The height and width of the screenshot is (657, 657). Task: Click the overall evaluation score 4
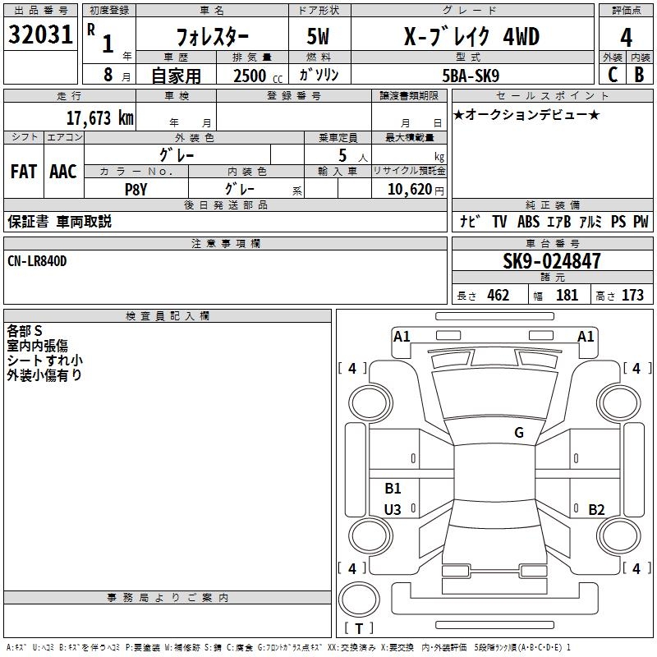pos(626,38)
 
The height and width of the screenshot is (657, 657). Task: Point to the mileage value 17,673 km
pos(99,117)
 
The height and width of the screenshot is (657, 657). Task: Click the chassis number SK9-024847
pos(552,261)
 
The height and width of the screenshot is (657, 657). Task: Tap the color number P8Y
pos(136,188)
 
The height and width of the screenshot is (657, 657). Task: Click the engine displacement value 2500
pos(250,76)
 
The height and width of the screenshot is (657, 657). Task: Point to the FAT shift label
pos(23,172)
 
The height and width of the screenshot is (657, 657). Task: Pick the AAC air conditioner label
pos(63,172)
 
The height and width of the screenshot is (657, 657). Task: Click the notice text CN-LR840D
pos(38,260)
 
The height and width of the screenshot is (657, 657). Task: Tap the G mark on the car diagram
pos(519,433)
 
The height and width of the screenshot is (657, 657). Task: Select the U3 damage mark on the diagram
pos(393,510)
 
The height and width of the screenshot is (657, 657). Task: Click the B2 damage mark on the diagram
pos(596,509)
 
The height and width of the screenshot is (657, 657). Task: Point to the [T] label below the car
pos(359,628)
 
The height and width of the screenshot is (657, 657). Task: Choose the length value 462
pos(498,296)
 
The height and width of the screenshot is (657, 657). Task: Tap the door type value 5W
pos(320,38)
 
